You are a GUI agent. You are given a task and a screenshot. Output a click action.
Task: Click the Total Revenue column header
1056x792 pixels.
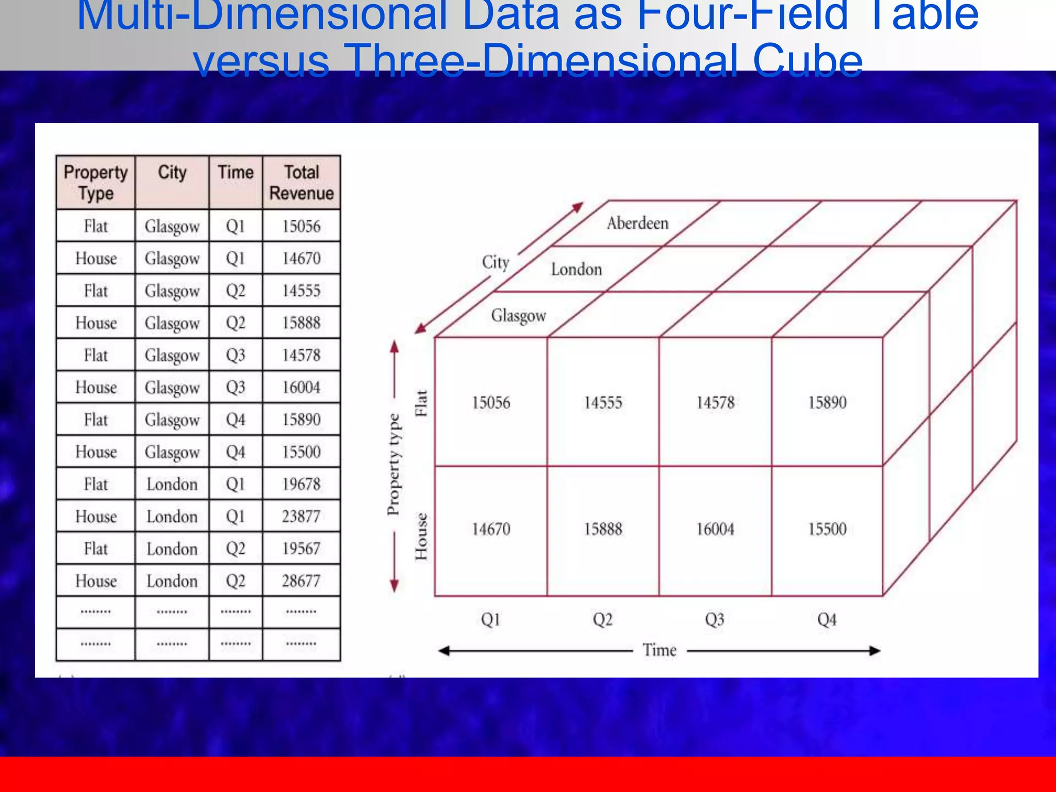click(302, 183)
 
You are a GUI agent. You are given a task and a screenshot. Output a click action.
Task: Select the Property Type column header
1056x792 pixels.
click(95, 183)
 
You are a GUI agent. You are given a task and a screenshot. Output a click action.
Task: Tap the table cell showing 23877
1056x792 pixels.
click(301, 516)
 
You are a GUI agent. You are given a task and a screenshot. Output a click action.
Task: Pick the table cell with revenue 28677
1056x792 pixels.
click(301, 581)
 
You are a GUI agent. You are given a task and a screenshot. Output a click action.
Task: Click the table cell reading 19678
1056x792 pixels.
click(301, 484)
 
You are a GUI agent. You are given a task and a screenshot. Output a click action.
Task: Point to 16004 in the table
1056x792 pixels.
click(301, 387)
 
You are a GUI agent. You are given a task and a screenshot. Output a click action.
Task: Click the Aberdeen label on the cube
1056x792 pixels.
click(637, 223)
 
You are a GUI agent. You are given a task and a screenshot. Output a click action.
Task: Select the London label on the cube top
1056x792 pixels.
click(576, 269)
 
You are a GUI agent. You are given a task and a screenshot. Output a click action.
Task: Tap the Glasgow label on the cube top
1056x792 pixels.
click(518, 316)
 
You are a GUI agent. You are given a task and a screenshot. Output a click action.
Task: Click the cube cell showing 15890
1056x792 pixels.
click(827, 402)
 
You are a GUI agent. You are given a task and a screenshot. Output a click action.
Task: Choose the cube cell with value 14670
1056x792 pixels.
click(491, 529)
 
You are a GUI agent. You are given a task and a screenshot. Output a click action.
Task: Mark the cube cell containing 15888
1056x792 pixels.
click(603, 529)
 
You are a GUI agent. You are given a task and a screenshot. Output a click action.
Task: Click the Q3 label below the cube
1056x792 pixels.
click(715, 619)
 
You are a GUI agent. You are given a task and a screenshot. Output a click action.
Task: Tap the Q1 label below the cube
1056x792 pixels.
click(490, 619)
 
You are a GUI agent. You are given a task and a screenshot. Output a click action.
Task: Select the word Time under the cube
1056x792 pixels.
click(659, 650)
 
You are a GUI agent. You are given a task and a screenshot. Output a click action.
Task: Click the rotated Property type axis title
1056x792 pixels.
click(393, 464)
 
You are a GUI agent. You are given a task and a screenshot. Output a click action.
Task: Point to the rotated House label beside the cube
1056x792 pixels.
click(422, 536)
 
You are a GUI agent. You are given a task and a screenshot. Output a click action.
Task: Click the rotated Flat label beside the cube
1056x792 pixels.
click(422, 403)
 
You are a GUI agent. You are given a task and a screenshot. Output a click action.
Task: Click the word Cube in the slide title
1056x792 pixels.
click(807, 61)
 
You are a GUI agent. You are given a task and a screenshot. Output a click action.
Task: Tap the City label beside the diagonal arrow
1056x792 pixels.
click(496, 262)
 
